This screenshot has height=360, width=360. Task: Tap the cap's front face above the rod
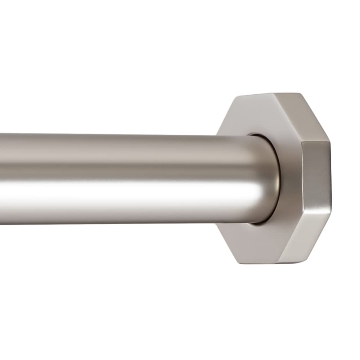pos(259,115)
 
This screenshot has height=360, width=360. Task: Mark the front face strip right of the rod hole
pos(290,180)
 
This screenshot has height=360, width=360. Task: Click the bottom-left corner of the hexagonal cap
pos(238,262)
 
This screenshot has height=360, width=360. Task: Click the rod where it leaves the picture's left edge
pos(1,178)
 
